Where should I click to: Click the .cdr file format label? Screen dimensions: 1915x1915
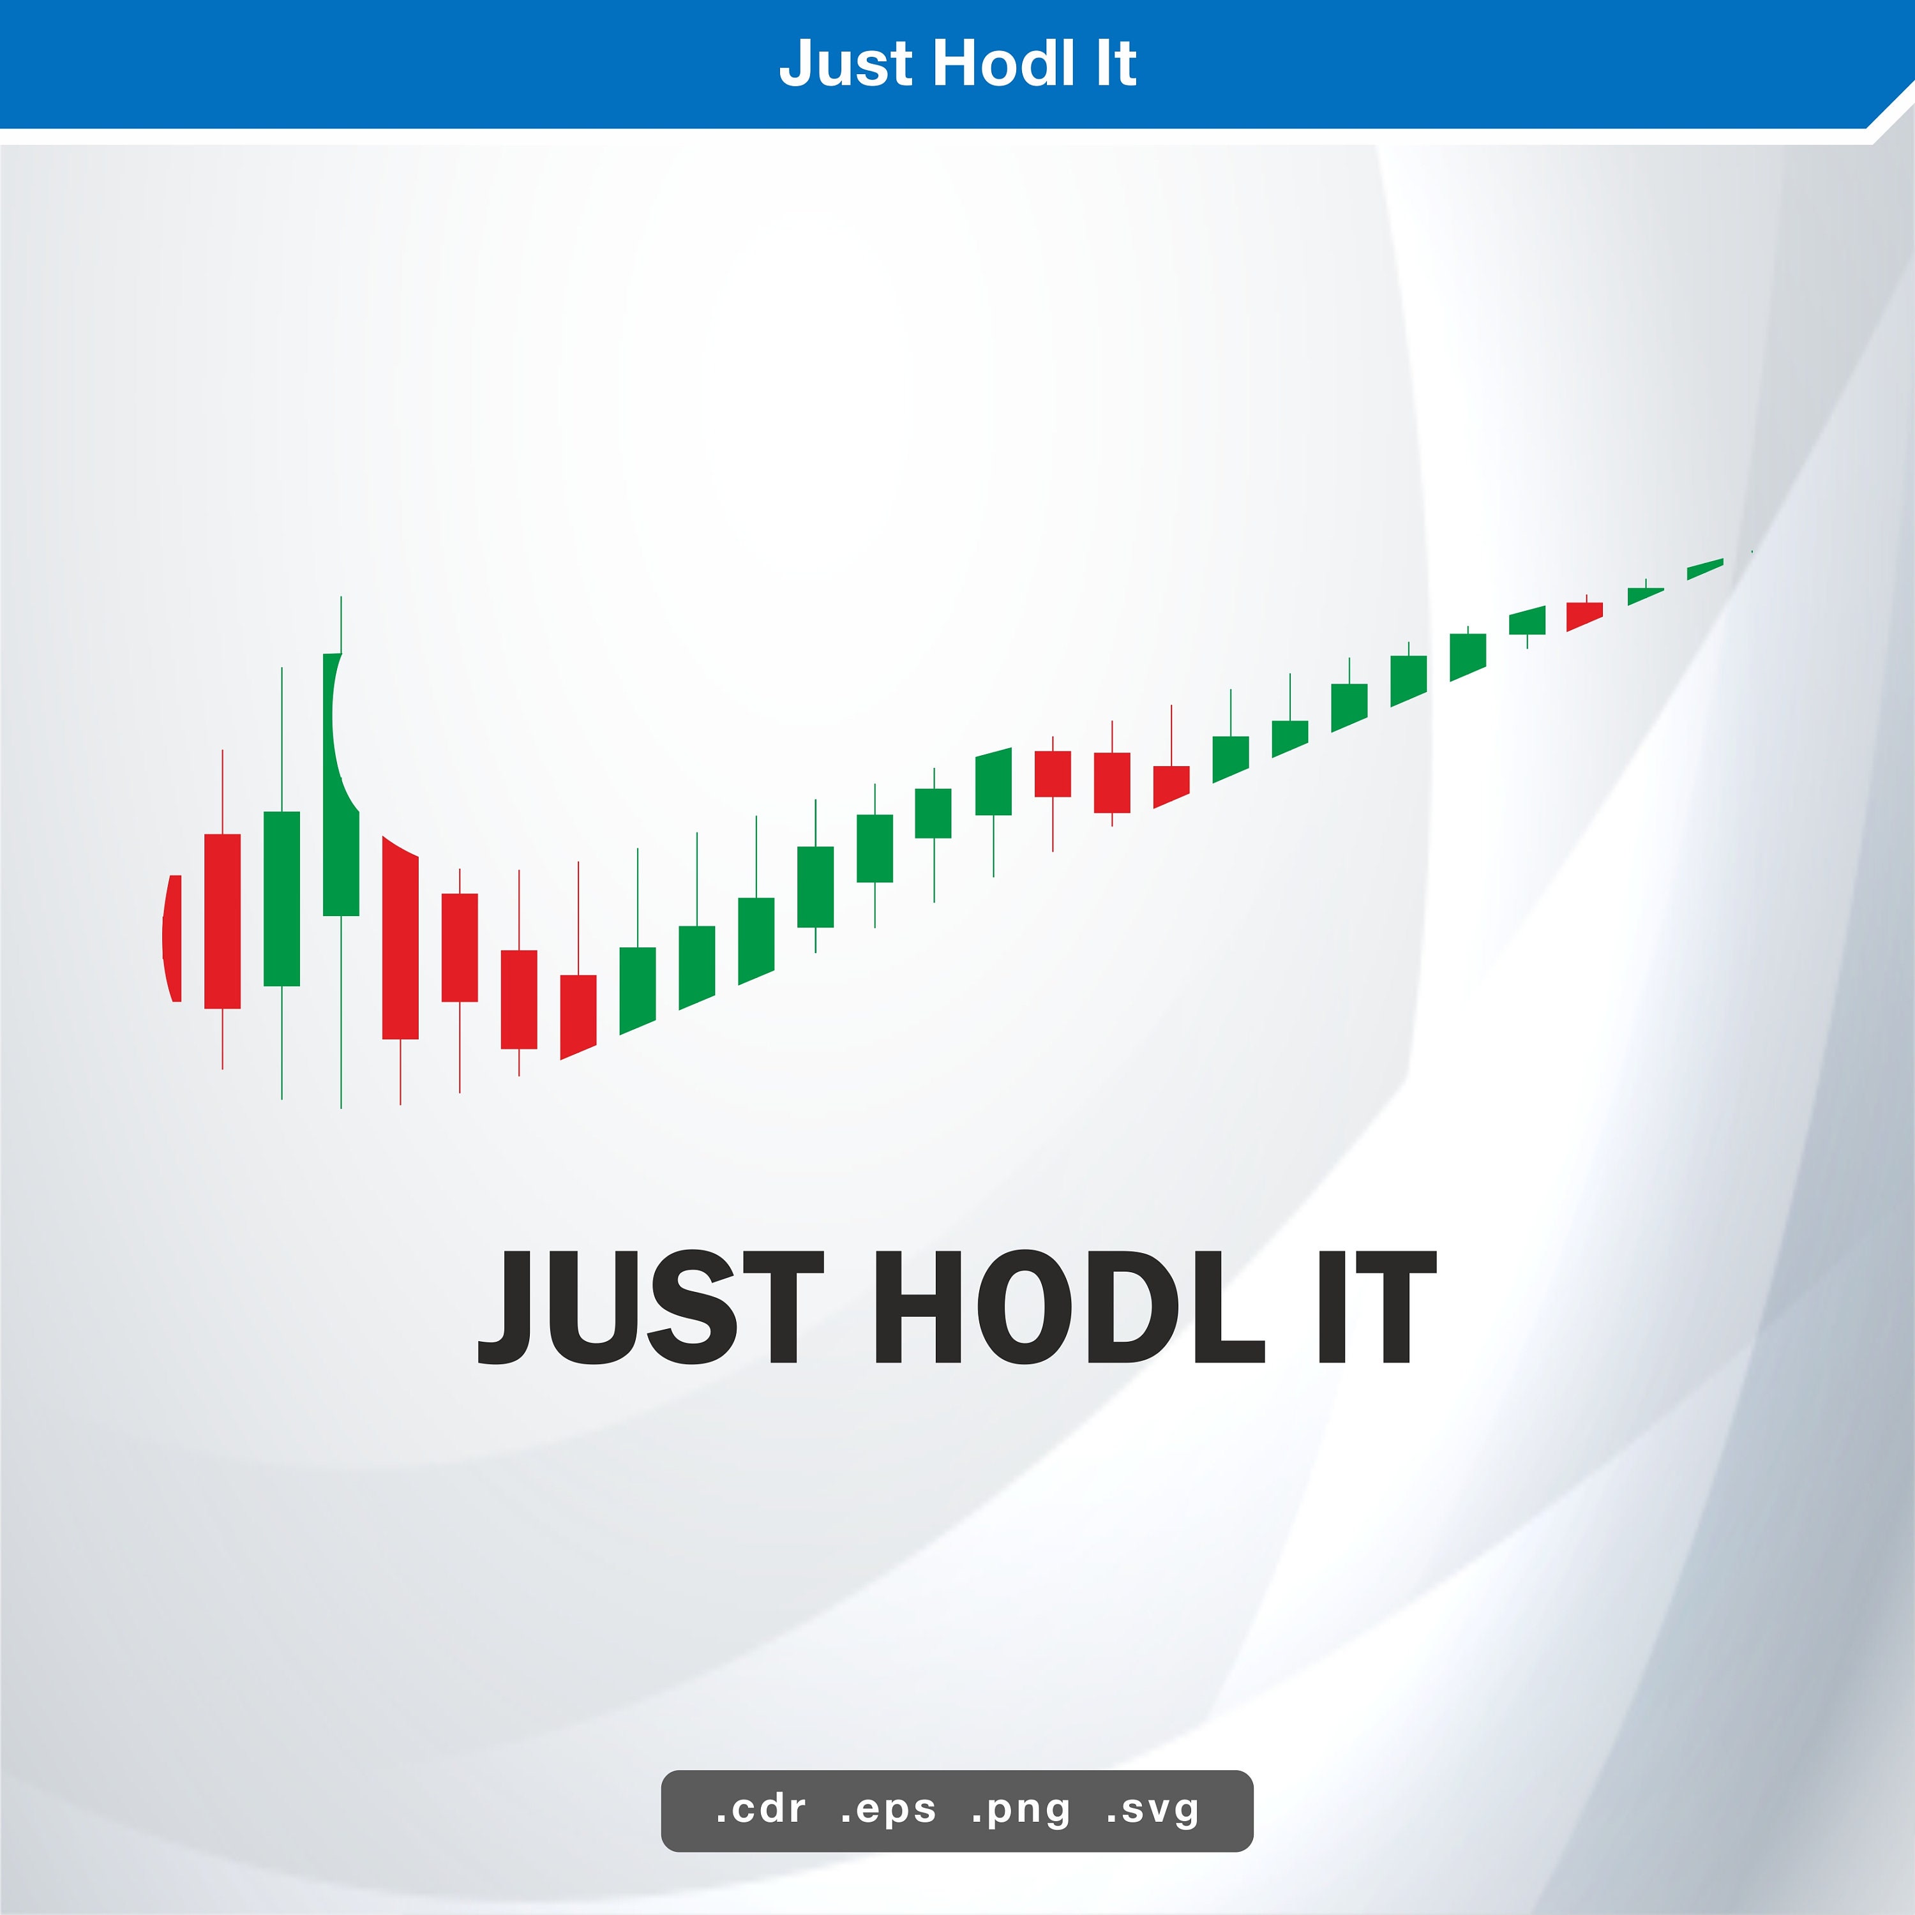tap(760, 1809)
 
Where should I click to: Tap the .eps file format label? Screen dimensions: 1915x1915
tap(888, 1809)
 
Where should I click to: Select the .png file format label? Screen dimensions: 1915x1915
tap(1021, 1809)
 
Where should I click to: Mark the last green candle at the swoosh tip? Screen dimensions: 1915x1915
tap(1705, 569)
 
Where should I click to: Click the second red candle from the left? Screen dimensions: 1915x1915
tap(222, 921)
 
